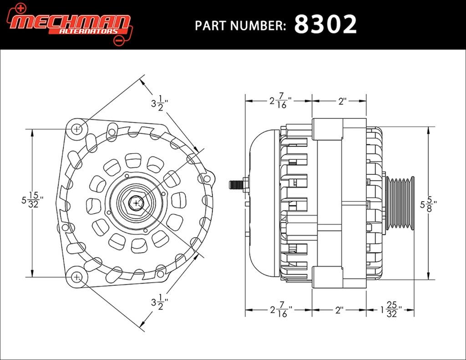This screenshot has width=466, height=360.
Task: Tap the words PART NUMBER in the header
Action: [240, 25]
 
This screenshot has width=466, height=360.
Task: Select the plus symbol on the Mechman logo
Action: [20, 8]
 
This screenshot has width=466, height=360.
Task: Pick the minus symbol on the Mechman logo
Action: [119, 41]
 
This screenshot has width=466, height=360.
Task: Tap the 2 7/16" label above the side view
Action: [280, 101]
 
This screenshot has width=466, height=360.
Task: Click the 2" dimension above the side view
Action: [343, 101]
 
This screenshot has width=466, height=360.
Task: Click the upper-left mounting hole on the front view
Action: [76, 129]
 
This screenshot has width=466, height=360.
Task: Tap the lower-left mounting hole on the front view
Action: [76, 277]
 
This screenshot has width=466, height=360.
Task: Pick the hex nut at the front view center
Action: [137, 203]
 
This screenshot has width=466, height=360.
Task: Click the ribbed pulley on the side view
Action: [400, 203]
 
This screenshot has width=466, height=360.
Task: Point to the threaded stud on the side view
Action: [236, 184]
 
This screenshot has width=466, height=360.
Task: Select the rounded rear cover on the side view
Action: [264, 203]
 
